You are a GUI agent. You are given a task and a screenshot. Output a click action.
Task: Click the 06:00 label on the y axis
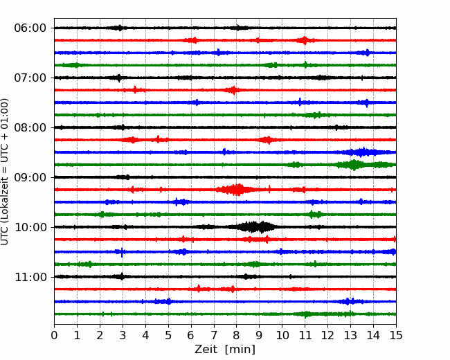pos(30,28)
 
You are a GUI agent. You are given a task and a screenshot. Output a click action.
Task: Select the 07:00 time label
pos(30,78)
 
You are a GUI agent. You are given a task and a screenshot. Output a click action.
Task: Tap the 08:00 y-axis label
pos(30,127)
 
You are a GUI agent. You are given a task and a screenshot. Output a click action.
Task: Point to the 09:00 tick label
pos(30,177)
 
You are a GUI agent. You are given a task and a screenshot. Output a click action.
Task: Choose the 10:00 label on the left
pos(30,227)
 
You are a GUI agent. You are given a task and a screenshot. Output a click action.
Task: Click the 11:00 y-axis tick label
pos(30,277)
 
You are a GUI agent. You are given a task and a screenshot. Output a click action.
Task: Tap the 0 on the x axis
pos(54,335)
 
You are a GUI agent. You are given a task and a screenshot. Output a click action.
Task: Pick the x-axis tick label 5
pos(168,335)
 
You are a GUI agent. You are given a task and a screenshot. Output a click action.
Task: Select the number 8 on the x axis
pos(237,335)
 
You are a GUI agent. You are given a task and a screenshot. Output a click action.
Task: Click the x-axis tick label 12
pos(327,335)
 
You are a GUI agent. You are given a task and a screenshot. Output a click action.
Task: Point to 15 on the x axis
pos(396,335)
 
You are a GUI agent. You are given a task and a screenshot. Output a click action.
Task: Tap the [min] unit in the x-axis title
pos(240,350)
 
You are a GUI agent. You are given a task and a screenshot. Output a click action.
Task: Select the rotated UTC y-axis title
pos(5,172)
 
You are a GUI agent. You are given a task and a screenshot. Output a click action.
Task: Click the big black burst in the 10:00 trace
pos(253,227)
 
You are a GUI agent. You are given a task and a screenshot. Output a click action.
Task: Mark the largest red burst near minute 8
pos(237,190)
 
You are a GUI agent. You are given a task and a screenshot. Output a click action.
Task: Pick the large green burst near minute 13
pos(354,165)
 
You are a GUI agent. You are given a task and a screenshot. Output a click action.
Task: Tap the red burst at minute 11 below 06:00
pos(305,40)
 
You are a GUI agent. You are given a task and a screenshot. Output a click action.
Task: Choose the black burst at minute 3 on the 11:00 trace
pos(122,276)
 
